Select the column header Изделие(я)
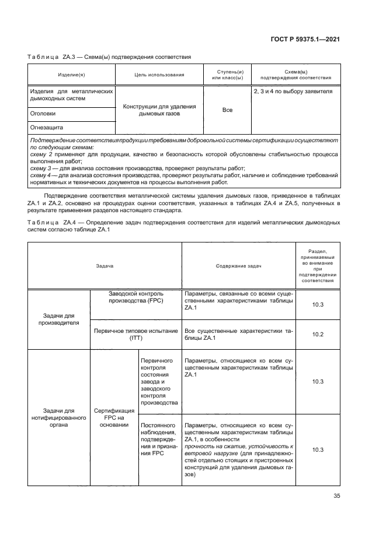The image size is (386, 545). [x=71, y=75]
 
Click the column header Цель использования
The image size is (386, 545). [x=159, y=75]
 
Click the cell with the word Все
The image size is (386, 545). [x=227, y=110]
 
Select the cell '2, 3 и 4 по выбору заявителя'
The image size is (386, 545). [x=292, y=92]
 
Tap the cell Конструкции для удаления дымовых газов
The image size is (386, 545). [x=159, y=110]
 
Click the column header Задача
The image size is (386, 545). [x=105, y=265]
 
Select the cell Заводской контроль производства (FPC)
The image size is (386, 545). [x=136, y=297]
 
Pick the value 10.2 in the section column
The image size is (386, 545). [x=318, y=334]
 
